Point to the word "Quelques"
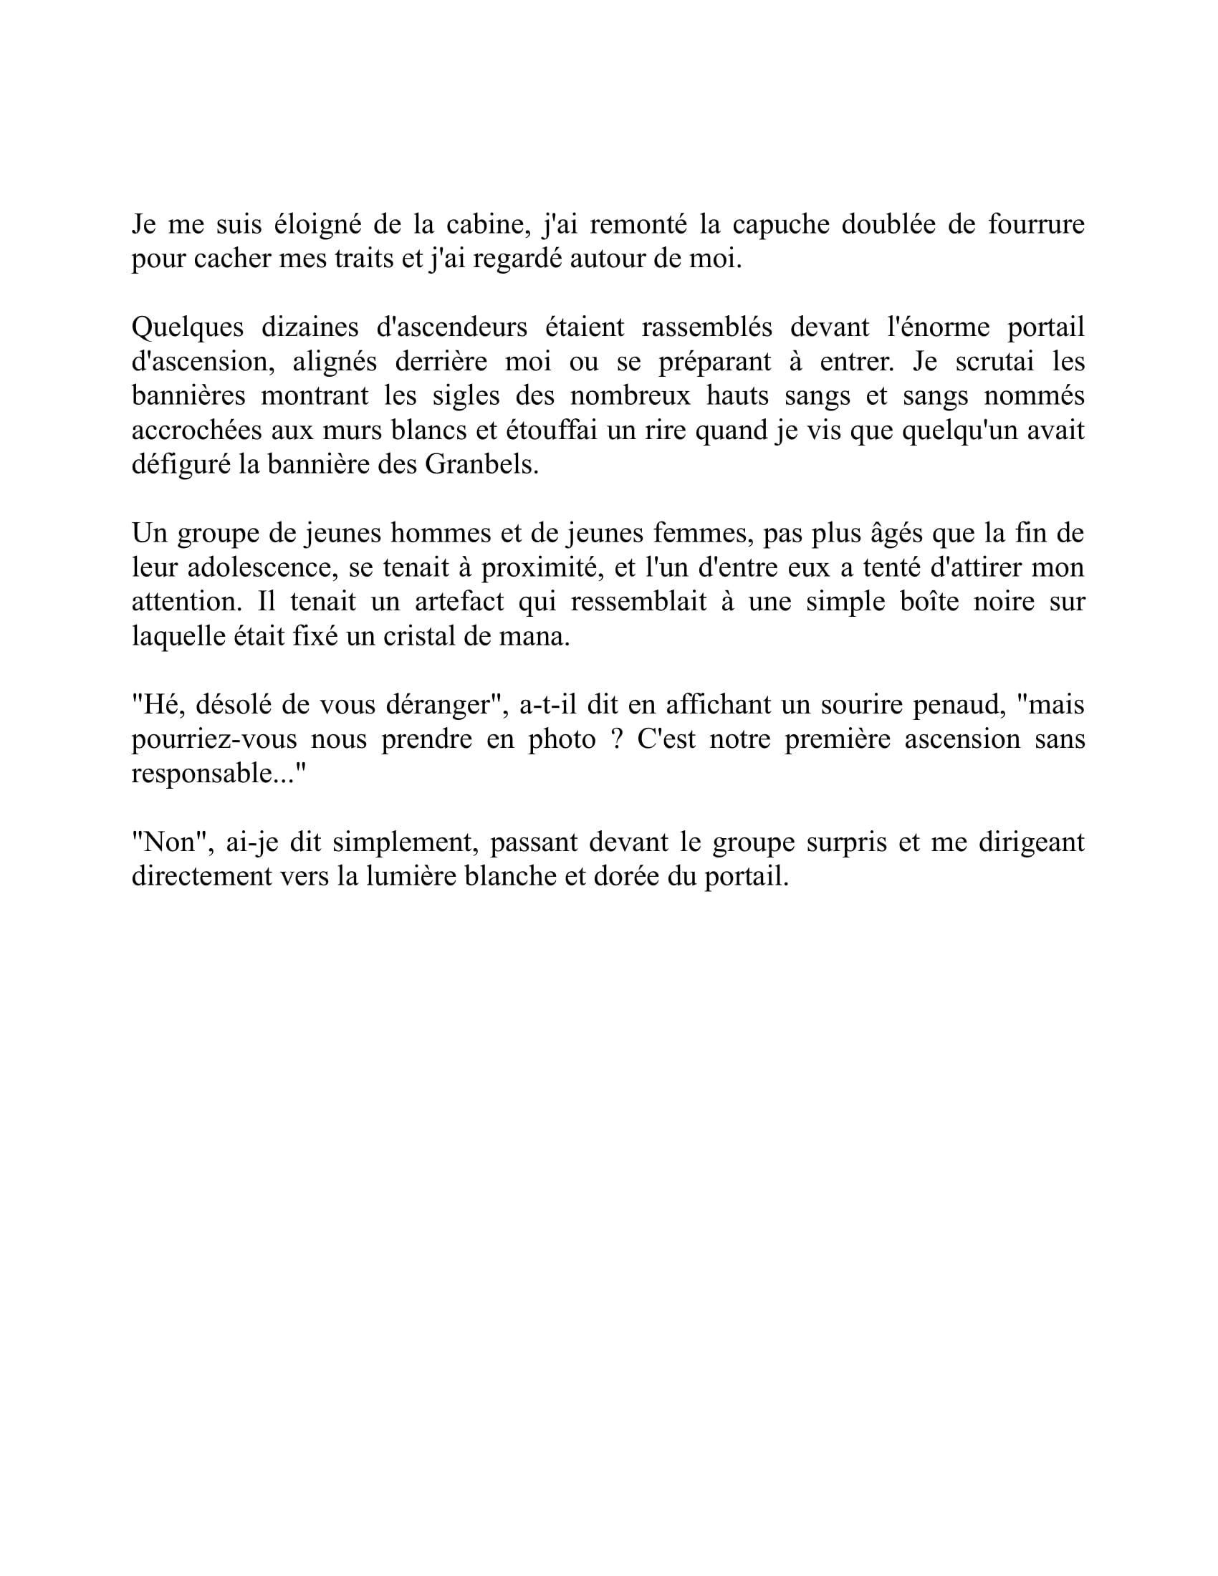click(187, 327)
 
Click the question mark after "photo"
click(616, 739)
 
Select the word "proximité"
click(542, 567)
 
